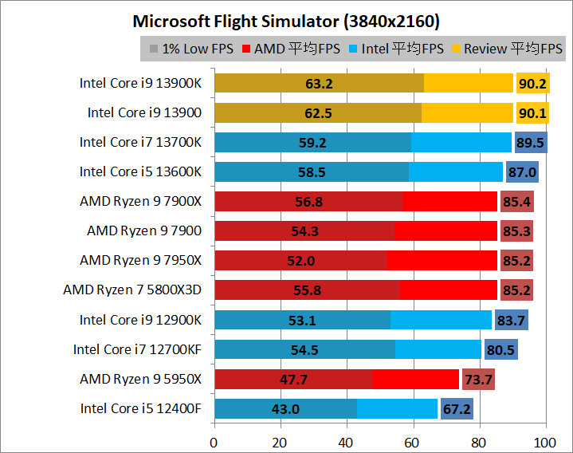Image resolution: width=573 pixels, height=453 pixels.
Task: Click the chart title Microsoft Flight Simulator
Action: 286,20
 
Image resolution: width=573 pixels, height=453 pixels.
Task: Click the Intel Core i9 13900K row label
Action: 140,83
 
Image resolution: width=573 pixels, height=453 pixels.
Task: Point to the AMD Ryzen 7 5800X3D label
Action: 132,290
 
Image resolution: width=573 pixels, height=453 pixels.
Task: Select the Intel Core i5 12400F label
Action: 141,408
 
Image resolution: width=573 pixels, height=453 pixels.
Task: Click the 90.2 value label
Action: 532,83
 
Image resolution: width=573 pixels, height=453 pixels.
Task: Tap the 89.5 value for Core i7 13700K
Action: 530,143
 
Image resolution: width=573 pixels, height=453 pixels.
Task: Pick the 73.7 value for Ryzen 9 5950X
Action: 478,379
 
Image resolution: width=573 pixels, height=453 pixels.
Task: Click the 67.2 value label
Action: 457,409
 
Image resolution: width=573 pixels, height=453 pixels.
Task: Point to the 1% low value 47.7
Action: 294,379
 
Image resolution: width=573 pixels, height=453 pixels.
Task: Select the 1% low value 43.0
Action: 285,409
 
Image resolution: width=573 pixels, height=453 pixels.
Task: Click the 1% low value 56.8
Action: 308,202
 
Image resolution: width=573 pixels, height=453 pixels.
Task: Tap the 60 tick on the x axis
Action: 413,440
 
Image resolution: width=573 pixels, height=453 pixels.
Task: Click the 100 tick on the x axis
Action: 545,440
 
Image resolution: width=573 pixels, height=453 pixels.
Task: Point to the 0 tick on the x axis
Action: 214,440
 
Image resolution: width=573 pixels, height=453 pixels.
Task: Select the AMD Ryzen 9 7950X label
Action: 140,261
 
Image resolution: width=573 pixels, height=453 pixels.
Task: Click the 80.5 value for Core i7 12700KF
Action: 500,349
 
